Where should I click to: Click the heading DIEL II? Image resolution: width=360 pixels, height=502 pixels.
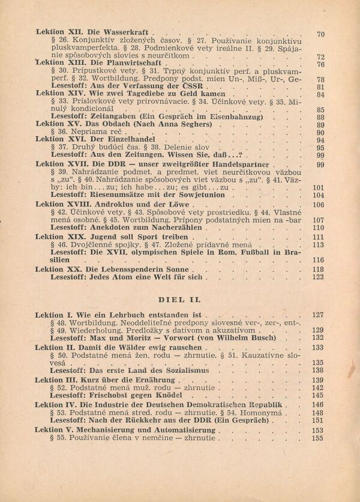tap(179, 298)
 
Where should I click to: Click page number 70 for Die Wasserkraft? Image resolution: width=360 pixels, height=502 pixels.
tap(320, 34)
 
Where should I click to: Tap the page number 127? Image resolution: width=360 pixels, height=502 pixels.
tap(318, 315)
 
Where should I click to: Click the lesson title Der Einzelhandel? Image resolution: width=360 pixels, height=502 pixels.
tap(104, 139)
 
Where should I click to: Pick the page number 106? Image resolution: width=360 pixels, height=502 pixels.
tap(319, 204)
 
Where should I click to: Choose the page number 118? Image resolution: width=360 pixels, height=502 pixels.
tap(319, 269)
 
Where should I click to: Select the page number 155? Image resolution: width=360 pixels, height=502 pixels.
tap(318, 438)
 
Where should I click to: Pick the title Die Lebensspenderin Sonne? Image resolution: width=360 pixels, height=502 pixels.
tap(130, 269)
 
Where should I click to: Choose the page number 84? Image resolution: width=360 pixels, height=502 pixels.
tap(320, 94)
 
